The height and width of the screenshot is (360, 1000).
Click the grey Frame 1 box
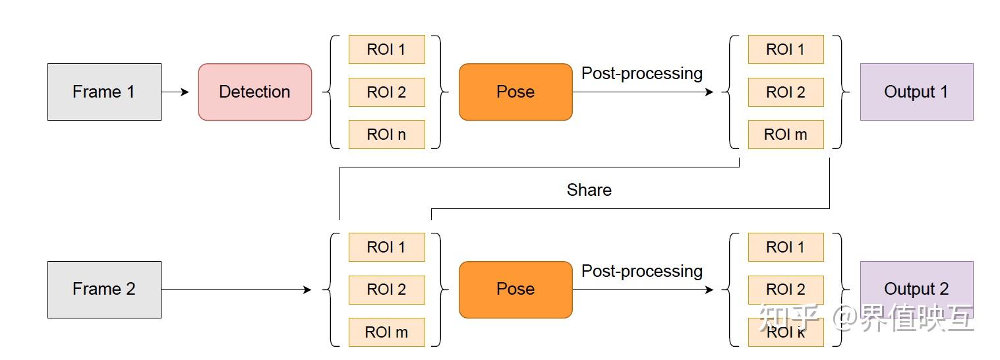(104, 92)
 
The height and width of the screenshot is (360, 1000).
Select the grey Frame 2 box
(104, 289)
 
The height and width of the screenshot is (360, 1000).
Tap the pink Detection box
(254, 92)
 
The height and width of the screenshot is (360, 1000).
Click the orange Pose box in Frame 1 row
(515, 92)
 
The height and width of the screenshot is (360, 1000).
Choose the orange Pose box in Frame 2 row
(515, 289)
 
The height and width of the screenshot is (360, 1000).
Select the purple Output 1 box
(916, 92)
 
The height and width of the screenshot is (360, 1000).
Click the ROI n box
(386, 135)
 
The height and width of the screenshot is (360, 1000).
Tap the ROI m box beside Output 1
(786, 135)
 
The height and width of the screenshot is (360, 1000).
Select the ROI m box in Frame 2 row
(386, 332)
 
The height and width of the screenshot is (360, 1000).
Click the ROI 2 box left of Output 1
(786, 92)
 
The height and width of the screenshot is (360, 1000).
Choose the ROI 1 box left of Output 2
(786, 247)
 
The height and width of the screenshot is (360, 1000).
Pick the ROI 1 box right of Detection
(386, 49)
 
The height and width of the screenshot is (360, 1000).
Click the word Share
(589, 190)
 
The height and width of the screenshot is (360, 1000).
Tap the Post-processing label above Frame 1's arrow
(641, 73)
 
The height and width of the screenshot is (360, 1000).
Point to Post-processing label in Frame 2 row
(641, 271)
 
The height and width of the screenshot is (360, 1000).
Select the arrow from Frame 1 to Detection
(175, 92)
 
